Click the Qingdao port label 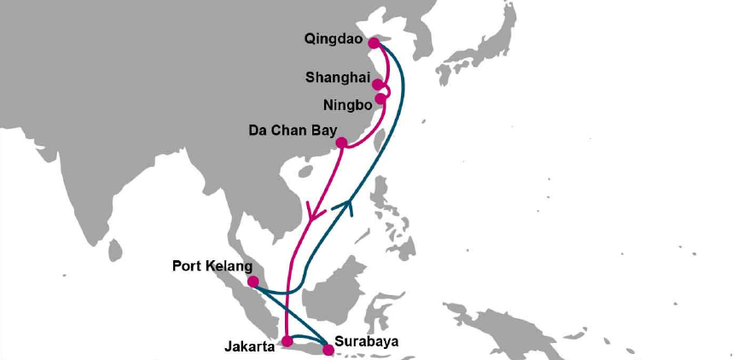pos(333,39)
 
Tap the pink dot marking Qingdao pos(373,43)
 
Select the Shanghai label pos(336,78)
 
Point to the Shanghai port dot pos(378,84)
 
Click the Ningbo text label pos(347,107)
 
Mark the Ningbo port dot pos(380,98)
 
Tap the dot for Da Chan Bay pos(341,142)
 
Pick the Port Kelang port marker pos(253,282)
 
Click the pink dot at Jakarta pos(287,342)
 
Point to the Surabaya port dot pos(328,348)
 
